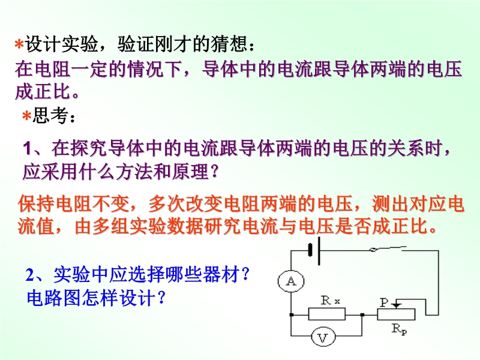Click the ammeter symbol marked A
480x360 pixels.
tap(291, 281)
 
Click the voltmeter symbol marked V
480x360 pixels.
tap(323, 337)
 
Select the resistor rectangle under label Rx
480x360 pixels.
tap(327, 314)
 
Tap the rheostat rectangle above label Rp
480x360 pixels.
tap(396, 314)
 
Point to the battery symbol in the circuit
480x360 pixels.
tap(314, 250)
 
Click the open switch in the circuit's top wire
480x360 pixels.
tap(388, 249)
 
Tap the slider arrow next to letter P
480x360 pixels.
tap(397, 304)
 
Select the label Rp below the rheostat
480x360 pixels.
tap(400, 329)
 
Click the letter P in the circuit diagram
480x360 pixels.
tap(384, 302)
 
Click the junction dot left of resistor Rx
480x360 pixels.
tap(291, 314)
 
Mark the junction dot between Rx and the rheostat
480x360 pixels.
tap(362, 314)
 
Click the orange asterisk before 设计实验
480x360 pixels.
tap(19, 44)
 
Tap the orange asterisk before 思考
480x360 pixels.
tap(27, 116)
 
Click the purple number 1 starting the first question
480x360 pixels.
tap(28, 149)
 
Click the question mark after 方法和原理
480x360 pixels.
tap(215, 172)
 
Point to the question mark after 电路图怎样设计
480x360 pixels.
tap(162, 297)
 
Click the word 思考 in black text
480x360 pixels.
tap(50, 116)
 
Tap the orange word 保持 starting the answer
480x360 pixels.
tap(37, 204)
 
